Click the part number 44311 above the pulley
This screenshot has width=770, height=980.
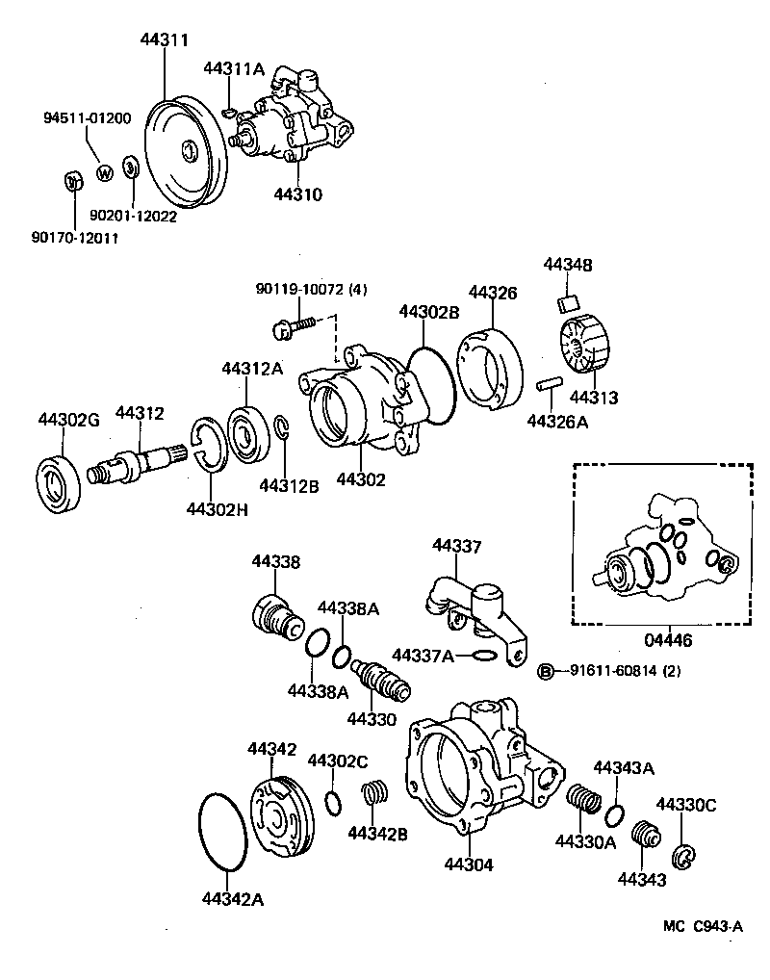tap(164, 39)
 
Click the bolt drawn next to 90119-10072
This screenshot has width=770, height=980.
tap(295, 327)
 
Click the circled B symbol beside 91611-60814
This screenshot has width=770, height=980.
tap(545, 671)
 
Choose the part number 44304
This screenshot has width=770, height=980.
tap(469, 865)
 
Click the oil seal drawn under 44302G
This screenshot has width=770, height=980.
tap(63, 481)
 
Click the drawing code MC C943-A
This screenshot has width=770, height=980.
tap(703, 926)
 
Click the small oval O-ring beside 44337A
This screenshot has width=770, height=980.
tap(486, 656)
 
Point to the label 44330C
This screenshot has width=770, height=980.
tap(686, 804)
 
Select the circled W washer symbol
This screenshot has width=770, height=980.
tap(105, 173)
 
